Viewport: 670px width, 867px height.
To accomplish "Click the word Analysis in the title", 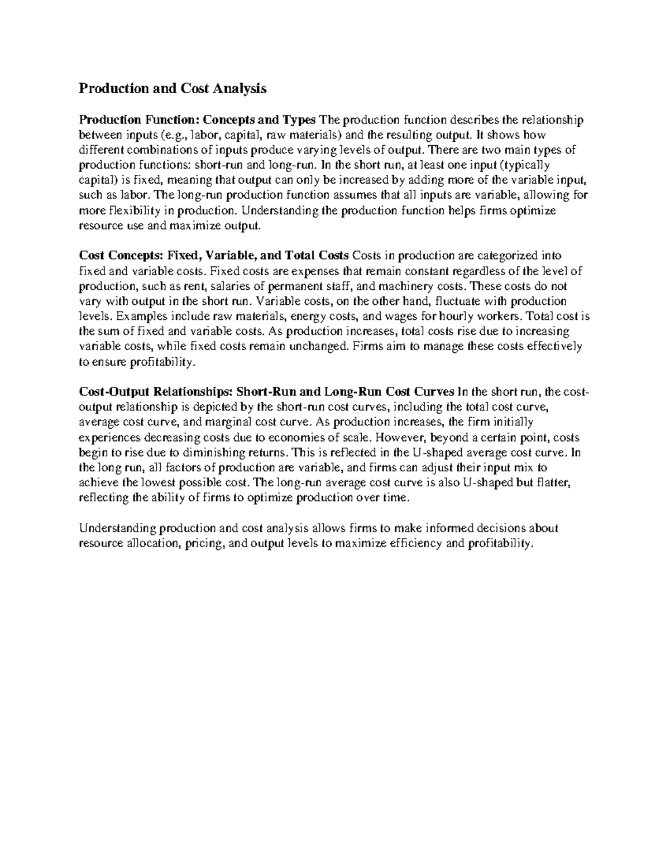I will pyautogui.click(x=235, y=89).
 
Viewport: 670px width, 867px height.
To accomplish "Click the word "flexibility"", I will pyautogui.click(x=131, y=210).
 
